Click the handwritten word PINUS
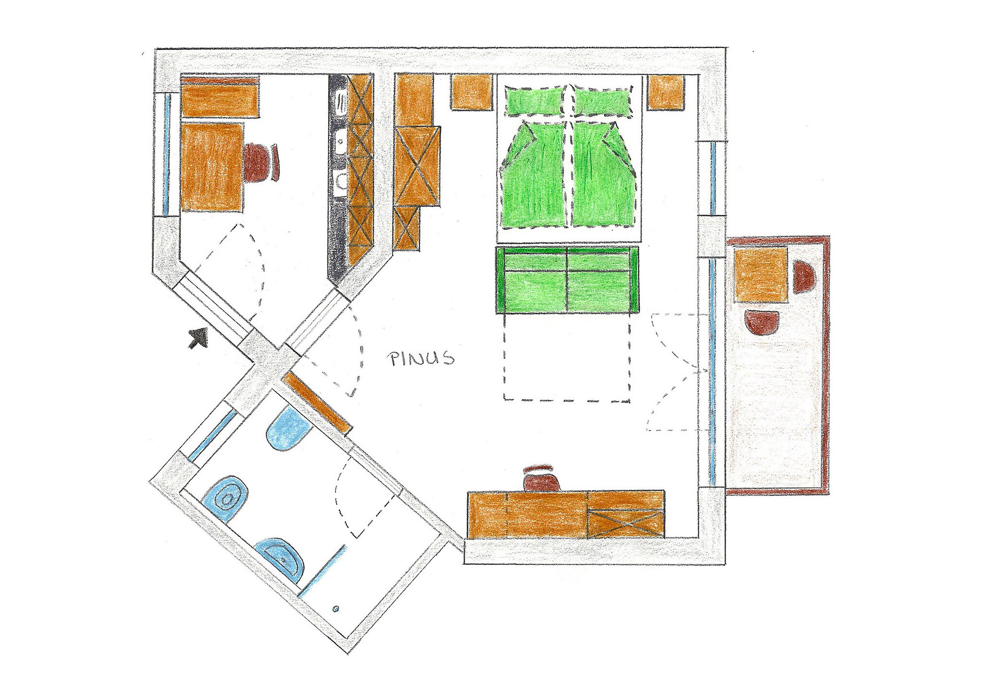pos(421,358)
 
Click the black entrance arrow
pos(198,338)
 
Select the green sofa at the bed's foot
pos(567,280)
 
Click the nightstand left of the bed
pos(471,92)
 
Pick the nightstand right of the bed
pos(666,92)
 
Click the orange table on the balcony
pos(761,275)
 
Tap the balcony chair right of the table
pos(804,277)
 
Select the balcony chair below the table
pos(762,322)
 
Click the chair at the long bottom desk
pos(541,479)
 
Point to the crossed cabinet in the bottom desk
pos(626,524)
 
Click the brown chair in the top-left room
pos(260,162)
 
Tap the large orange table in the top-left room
pos(212,167)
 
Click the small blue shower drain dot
pos(336,609)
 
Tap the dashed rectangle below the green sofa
pos(567,357)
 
